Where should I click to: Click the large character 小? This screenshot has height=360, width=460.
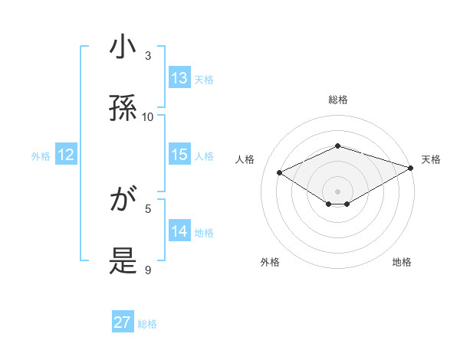click(x=123, y=47)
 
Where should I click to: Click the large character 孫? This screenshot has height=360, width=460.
click(x=123, y=108)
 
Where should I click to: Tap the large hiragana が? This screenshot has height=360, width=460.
click(x=123, y=201)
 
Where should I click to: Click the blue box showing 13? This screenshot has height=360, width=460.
click(x=179, y=78)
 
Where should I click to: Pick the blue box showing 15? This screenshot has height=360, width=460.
click(x=179, y=155)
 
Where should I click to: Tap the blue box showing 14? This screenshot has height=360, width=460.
click(x=179, y=231)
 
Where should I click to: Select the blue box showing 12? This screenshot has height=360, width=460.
click(x=66, y=155)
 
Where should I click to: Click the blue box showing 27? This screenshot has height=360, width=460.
click(x=123, y=322)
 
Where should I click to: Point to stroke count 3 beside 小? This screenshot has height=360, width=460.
click(x=148, y=56)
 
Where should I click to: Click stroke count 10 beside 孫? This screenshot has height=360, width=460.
click(x=148, y=116)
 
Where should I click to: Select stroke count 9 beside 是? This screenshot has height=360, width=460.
click(x=148, y=270)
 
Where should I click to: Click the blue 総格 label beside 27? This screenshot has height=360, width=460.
click(x=147, y=324)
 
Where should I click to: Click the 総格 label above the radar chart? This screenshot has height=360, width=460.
click(x=337, y=100)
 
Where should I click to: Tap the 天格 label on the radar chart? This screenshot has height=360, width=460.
click(x=431, y=159)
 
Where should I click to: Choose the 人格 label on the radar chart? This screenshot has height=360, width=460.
click(x=245, y=159)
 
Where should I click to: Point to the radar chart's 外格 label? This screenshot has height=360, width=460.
click(x=270, y=262)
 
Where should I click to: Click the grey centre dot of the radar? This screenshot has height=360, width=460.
click(x=337, y=191)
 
